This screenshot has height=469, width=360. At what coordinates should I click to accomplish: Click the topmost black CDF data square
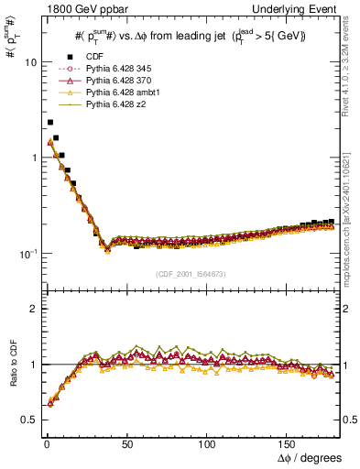50,122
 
